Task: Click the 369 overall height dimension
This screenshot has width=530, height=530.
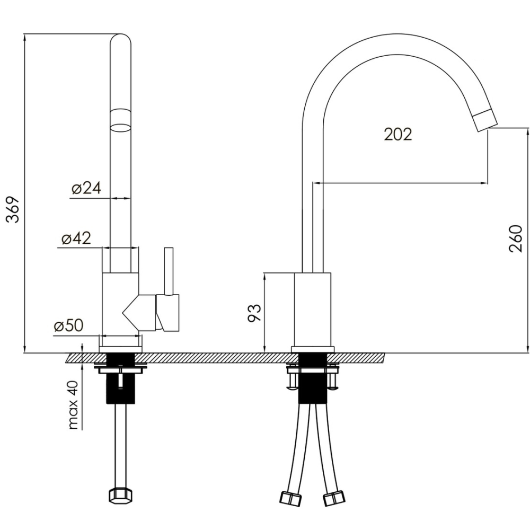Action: (x=14, y=209)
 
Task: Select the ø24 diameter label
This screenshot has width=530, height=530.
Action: (x=86, y=188)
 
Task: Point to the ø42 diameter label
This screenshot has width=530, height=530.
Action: (x=76, y=238)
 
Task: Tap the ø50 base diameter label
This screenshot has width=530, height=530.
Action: (x=68, y=325)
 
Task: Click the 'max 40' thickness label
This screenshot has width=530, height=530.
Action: (x=73, y=405)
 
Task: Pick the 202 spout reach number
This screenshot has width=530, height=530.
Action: (x=398, y=134)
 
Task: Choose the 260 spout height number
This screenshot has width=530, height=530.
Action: (x=516, y=238)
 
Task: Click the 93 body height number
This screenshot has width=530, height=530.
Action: (x=255, y=313)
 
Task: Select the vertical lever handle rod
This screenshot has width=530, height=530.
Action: (x=169, y=271)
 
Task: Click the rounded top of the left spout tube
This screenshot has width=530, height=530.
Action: (x=121, y=38)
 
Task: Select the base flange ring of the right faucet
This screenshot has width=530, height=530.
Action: (x=313, y=349)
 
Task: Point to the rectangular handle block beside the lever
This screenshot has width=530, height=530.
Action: (x=167, y=313)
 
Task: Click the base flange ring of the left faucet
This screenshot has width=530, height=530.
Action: (x=120, y=349)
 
